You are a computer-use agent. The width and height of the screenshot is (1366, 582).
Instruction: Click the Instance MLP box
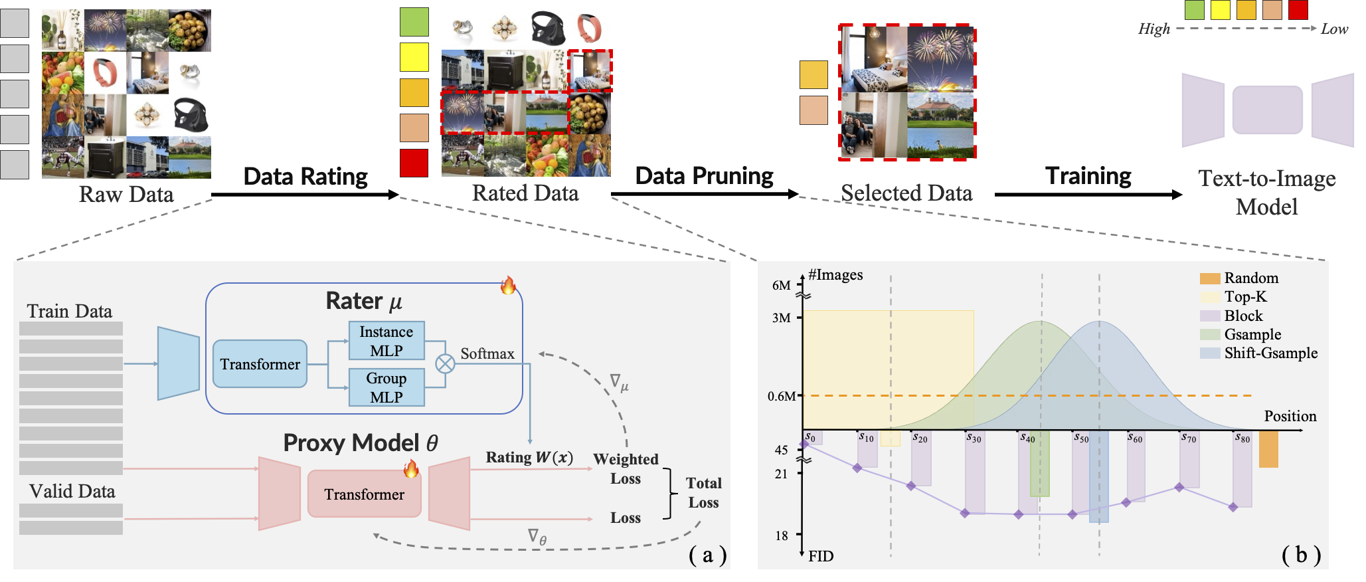(386, 341)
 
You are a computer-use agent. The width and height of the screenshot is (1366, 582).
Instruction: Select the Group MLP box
(386, 387)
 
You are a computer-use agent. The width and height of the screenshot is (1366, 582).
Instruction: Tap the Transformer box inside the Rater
(260, 364)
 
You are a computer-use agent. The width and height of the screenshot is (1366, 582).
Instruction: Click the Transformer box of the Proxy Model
(364, 494)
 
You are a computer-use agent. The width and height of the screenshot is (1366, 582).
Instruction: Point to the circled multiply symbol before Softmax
(445, 363)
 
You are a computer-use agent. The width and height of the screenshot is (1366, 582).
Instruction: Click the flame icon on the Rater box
(508, 286)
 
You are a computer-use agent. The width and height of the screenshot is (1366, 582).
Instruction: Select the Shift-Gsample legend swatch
(1210, 353)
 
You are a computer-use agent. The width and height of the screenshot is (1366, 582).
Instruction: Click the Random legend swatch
(1210, 278)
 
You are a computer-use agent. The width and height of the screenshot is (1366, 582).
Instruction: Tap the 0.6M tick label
(781, 396)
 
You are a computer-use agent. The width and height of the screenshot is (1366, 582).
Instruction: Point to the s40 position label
(1027, 438)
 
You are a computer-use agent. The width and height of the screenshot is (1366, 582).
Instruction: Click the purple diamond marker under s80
(1233, 507)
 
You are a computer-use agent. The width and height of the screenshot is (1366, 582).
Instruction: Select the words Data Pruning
(704, 176)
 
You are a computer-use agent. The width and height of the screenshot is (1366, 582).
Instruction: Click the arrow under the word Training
(1088, 195)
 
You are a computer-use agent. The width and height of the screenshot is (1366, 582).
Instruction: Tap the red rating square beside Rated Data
(414, 163)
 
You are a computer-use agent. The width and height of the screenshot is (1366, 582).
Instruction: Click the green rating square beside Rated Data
(414, 22)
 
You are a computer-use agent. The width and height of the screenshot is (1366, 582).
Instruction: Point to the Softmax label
(487, 353)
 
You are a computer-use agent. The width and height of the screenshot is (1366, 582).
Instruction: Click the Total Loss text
(703, 492)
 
